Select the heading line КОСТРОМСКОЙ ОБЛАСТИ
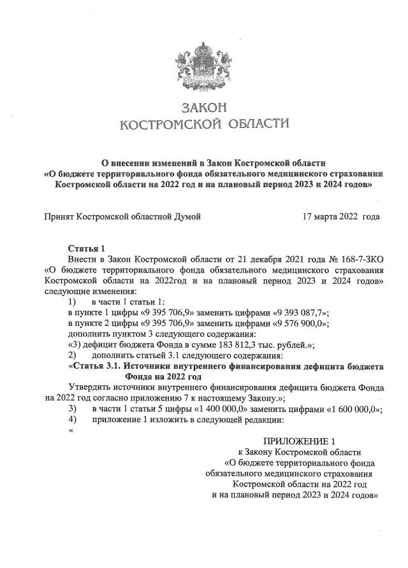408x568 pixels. [204, 122]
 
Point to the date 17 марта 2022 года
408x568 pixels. [341, 217]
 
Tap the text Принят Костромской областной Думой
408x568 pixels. [122, 217]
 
